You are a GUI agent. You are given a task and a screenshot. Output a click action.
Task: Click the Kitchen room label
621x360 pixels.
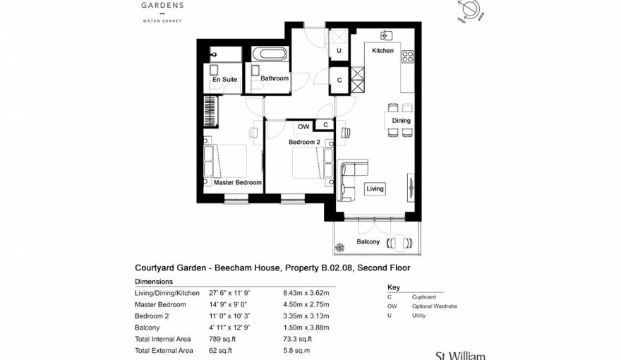click(382, 51)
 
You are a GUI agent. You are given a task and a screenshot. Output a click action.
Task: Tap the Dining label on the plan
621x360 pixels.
click(401, 121)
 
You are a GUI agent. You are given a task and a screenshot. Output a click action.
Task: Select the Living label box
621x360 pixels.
click(375, 188)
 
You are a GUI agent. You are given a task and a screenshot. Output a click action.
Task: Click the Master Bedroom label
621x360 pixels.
click(238, 182)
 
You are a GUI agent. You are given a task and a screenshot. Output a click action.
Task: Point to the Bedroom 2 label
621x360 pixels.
click(304, 142)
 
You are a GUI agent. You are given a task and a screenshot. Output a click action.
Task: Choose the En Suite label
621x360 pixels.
click(224, 80)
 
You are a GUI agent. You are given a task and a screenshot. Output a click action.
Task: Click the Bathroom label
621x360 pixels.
click(275, 78)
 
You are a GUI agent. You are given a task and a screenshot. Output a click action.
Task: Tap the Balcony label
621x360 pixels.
click(368, 241)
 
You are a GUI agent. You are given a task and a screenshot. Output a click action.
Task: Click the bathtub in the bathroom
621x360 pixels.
click(269, 54)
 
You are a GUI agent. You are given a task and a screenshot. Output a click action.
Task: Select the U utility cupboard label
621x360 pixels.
click(339, 51)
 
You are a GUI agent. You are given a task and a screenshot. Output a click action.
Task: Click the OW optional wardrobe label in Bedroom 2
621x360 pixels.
click(303, 126)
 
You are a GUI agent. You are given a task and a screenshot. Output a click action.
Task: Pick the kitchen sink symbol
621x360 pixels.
click(386, 35)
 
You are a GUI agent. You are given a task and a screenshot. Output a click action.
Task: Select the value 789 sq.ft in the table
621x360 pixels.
click(223, 339)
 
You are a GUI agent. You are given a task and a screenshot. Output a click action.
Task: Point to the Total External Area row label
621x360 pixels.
click(163, 350)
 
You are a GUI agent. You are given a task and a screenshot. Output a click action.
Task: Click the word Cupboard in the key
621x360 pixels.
click(424, 297)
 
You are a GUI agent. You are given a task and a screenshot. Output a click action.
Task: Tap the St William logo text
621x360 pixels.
click(459, 355)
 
